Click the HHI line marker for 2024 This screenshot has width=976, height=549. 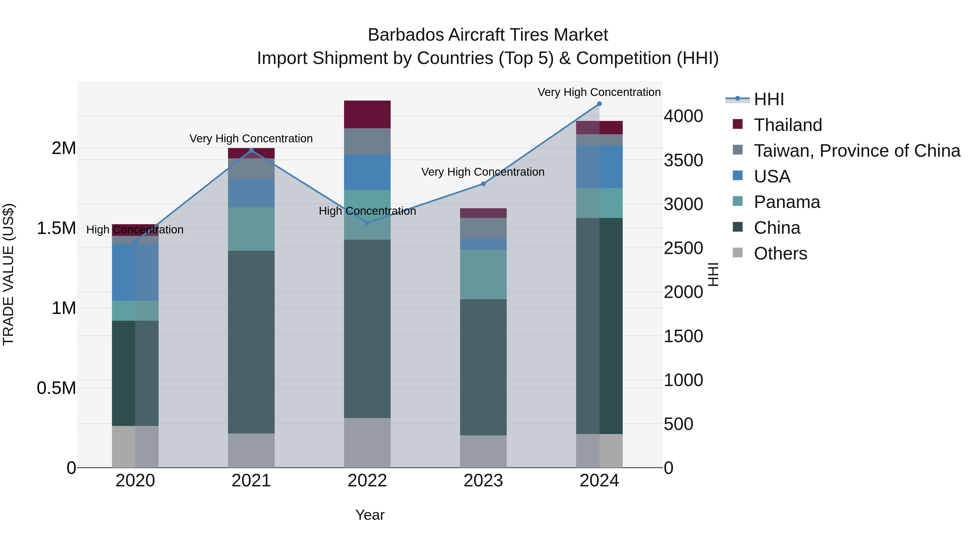(599, 104)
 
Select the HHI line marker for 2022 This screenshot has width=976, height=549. (367, 223)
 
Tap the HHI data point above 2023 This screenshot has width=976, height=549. (483, 184)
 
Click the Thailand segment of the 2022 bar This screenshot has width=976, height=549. (367, 114)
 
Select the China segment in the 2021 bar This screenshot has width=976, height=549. (251, 342)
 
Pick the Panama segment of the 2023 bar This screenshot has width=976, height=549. (483, 274)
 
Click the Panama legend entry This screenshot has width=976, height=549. (786, 202)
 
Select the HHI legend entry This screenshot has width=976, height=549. (768, 99)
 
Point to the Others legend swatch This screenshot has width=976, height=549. (738, 253)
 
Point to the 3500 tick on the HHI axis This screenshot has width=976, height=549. (683, 160)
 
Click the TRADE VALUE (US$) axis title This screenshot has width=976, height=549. (8, 274)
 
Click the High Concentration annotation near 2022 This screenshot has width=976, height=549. (367, 211)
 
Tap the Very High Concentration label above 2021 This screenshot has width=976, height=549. (251, 139)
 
